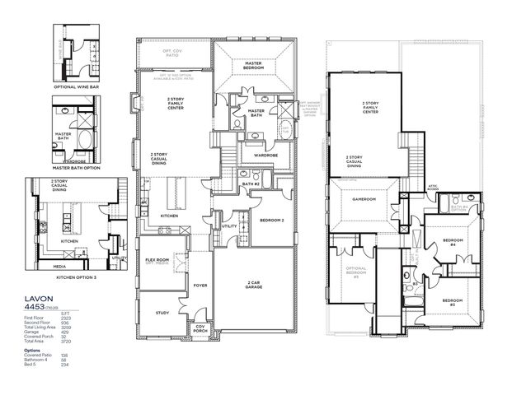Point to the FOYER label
(x=200, y=286)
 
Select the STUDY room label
(x=162, y=313)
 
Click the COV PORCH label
(x=200, y=328)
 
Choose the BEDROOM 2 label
(x=271, y=221)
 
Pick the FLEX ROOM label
(x=157, y=261)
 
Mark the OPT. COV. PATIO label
(x=176, y=53)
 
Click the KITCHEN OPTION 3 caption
(x=77, y=277)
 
